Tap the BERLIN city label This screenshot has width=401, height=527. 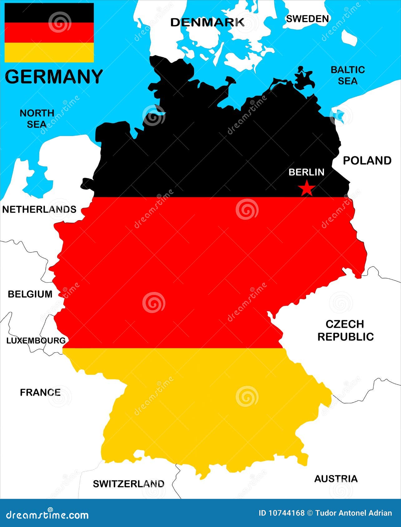click(x=306, y=172)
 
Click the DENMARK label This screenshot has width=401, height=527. click(x=207, y=22)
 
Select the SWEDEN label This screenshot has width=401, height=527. click(x=307, y=19)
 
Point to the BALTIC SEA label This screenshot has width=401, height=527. click(x=348, y=75)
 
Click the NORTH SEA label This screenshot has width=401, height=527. click(x=37, y=118)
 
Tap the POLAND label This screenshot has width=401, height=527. click(x=367, y=161)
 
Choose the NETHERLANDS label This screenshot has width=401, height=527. click(x=39, y=209)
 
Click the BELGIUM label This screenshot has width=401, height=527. click(x=30, y=294)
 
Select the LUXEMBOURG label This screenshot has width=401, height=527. click(x=36, y=341)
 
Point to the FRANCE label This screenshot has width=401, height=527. click(x=40, y=392)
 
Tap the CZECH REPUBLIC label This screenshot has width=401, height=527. click(x=345, y=331)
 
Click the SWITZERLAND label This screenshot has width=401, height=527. click(x=129, y=484)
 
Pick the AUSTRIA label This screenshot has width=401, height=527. click(x=336, y=479)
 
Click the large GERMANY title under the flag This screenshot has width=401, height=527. click(x=54, y=77)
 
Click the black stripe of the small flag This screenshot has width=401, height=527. click(x=49, y=13)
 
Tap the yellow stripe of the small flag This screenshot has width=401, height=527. click(x=49, y=52)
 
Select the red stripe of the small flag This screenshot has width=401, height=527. click(x=49, y=33)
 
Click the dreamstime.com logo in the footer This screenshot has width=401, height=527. click(x=47, y=515)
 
